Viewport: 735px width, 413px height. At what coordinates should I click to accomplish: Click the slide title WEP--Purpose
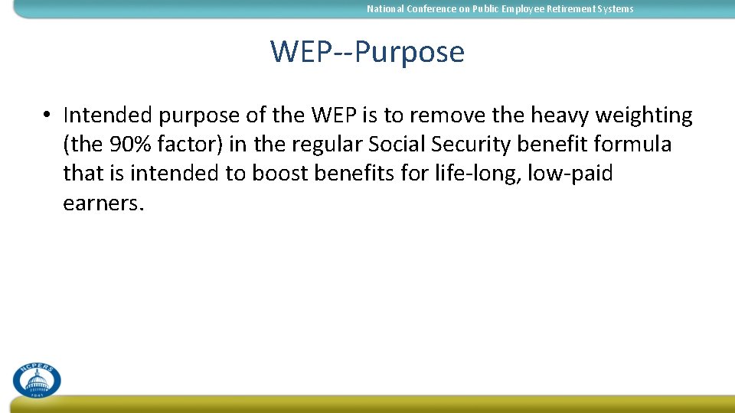(367, 52)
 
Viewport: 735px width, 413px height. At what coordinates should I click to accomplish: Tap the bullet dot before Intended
(47, 116)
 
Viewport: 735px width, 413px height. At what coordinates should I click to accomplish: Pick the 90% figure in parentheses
(127, 145)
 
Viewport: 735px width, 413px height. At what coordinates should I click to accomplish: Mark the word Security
(475, 145)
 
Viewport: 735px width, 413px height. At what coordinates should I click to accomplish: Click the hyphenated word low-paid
(576, 174)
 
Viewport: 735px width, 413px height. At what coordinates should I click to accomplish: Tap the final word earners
(103, 203)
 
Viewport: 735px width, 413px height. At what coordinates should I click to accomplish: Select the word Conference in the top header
(430, 9)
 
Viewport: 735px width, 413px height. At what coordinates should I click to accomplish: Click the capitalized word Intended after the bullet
(107, 115)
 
